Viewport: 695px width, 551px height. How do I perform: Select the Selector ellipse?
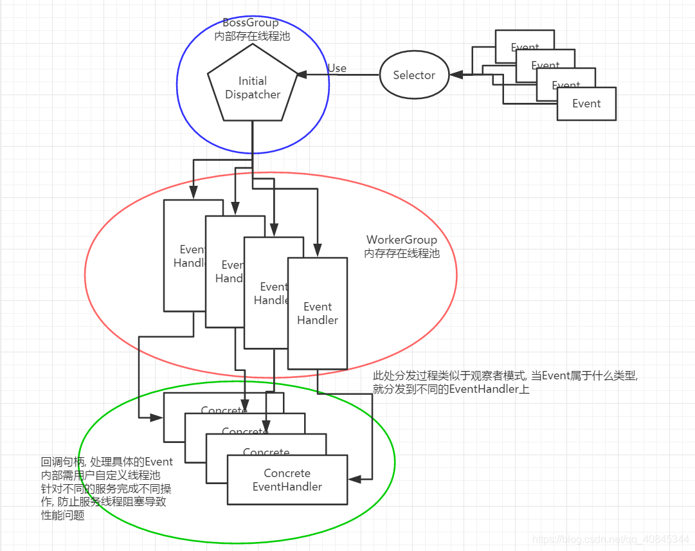(x=414, y=75)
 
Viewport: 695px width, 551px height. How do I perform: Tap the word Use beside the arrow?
(x=337, y=68)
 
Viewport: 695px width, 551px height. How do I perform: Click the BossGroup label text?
(x=251, y=23)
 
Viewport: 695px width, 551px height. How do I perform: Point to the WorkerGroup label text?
(x=402, y=240)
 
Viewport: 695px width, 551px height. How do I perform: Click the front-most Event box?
(x=586, y=104)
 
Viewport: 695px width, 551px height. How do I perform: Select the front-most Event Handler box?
(x=318, y=313)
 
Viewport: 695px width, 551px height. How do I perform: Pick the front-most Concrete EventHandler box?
(x=287, y=480)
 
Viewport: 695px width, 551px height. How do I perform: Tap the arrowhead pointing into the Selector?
(x=455, y=75)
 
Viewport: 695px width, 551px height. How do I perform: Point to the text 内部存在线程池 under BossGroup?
(x=252, y=37)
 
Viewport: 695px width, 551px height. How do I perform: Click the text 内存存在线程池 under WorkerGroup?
(x=402, y=253)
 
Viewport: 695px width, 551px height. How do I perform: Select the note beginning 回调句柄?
(x=107, y=488)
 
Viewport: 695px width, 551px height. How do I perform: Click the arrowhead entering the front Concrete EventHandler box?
(x=353, y=479)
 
